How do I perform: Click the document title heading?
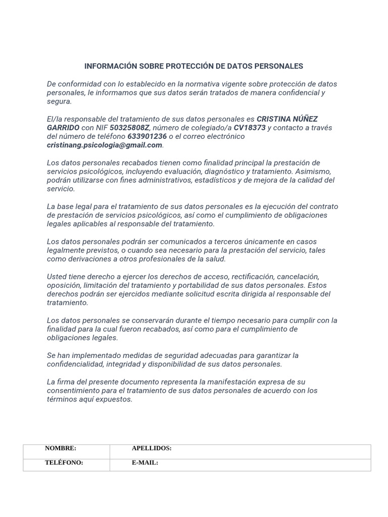click(x=193, y=66)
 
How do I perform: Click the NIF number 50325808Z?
click(x=129, y=128)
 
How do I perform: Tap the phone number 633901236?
click(x=147, y=136)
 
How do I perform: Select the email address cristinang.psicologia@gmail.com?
click(x=105, y=145)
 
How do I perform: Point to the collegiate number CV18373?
click(x=250, y=128)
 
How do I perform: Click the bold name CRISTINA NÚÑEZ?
click(x=287, y=119)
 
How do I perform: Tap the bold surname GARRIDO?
click(x=63, y=128)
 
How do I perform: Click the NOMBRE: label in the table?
click(x=61, y=448)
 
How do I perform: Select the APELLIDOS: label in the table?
click(x=152, y=448)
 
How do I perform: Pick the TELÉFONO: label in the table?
click(x=64, y=462)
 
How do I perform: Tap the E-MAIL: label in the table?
click(x=145, y=462)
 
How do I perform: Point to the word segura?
click(x=59, y=101)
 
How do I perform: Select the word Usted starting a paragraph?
click(x=57, y=277)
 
